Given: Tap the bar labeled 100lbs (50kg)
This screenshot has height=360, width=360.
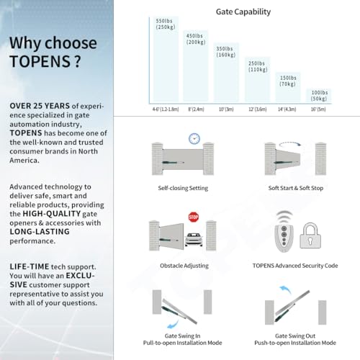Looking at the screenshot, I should (x=317, y=97).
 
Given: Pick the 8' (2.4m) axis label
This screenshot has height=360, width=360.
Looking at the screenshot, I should (x=196, y=109).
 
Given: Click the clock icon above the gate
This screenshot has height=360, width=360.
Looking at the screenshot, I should (x=194, y=138).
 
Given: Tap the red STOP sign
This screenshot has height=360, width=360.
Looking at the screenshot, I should (x=193, y=217).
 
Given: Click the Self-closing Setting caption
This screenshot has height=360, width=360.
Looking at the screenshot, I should (x=183, y=187).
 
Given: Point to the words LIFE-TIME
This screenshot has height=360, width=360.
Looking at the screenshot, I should (x=30, y=266).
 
